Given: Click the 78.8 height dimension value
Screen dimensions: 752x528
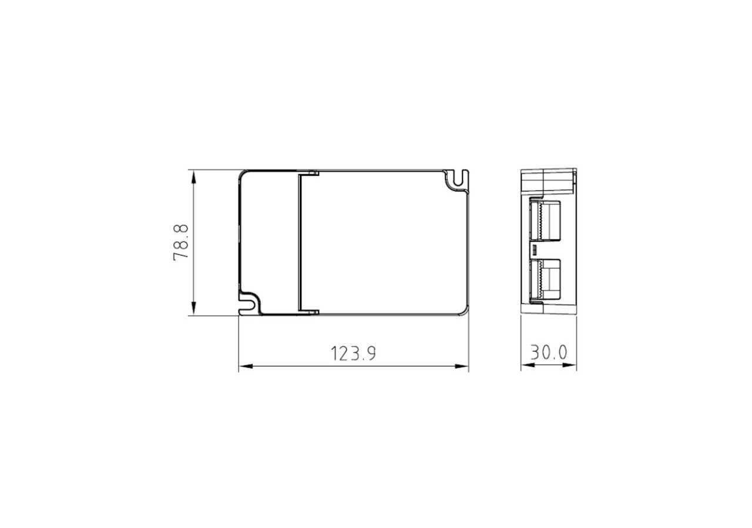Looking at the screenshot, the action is pos(181,242).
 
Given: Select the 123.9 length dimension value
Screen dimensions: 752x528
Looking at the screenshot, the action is pos(354,354).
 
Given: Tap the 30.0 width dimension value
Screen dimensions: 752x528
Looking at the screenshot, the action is pos(549,353).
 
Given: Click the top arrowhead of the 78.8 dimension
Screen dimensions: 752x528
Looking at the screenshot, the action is pos(193,177).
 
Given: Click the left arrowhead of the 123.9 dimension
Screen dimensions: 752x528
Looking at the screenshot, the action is pos(246,367).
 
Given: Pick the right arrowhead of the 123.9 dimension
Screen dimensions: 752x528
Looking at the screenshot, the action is pos(462,367).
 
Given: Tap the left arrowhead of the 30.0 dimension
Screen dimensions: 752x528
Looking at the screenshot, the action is pos(528,365).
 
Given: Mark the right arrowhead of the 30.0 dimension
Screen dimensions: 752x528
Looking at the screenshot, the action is pos(570,365).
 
